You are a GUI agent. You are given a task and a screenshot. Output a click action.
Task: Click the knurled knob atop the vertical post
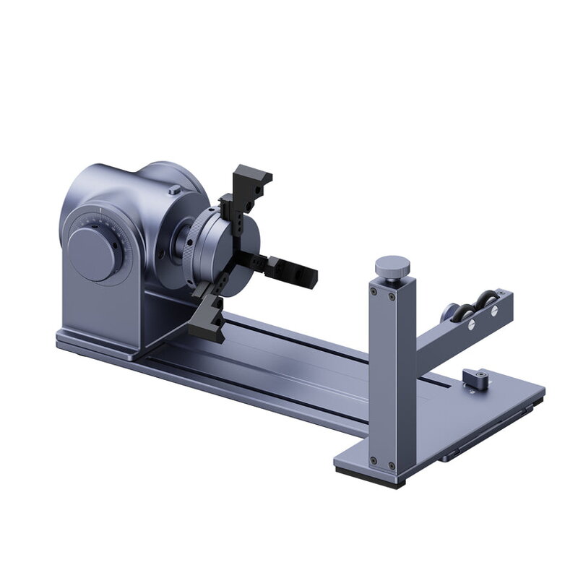[394, 266]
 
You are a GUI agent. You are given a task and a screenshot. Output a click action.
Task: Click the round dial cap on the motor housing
[92, 254]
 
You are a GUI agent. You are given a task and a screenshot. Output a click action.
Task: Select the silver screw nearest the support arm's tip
[495, 312]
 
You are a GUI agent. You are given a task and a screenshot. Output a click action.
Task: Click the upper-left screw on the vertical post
[374, 292]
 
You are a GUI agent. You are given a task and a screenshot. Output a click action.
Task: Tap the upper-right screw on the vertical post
[392, 296]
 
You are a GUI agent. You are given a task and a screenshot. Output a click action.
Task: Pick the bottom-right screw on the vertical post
[391, 465]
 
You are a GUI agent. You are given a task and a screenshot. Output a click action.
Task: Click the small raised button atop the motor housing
[173, 190]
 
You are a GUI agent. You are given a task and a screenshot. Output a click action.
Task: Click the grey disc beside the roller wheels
[446, 314]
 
